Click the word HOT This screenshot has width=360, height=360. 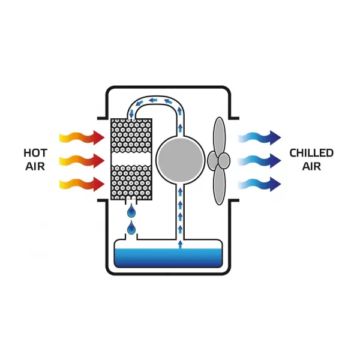click(x=35, y=152)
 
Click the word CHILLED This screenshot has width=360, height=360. click(x=311, y=153)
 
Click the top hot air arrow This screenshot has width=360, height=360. click(x=82, y=139)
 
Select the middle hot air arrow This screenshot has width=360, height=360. click(x=82, y=161)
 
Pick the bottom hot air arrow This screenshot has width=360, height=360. click(x=82, y=183)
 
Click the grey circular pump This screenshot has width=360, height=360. click(x=179, y=158)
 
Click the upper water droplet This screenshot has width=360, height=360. click(x=131, y=211)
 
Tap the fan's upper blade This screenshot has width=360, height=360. click(x=219, y=135)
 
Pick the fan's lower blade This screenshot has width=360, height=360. click(x=220, y=186)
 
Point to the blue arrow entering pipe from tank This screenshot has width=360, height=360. click(x=179, y=243)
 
